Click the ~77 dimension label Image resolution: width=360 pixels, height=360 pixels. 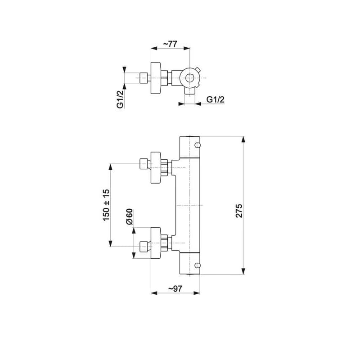(170, 44)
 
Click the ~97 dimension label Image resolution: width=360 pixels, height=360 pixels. (175, 288)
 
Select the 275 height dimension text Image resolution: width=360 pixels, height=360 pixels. (239, 211)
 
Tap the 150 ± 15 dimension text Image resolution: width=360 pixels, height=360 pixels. (106, 205)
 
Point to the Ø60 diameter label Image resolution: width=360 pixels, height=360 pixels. (129, 216)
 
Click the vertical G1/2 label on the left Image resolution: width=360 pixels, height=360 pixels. (120, 99)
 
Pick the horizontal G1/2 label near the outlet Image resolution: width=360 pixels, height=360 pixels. (216, 99)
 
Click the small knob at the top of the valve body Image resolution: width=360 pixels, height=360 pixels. (198, 145)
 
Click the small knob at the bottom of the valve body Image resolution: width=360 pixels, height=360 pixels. (198, 265)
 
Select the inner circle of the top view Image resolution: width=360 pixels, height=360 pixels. (189, 78)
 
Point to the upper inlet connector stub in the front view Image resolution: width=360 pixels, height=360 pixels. (144, 164)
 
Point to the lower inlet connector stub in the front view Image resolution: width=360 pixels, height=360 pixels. (144, 247)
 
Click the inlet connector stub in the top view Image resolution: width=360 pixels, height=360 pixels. (144, 78)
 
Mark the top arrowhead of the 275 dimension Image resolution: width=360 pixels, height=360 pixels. (243, 139)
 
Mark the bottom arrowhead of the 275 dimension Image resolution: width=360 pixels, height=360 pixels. (243, 271)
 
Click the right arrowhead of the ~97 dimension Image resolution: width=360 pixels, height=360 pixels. (197, 293)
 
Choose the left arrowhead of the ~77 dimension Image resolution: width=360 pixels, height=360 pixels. (153, 48)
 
